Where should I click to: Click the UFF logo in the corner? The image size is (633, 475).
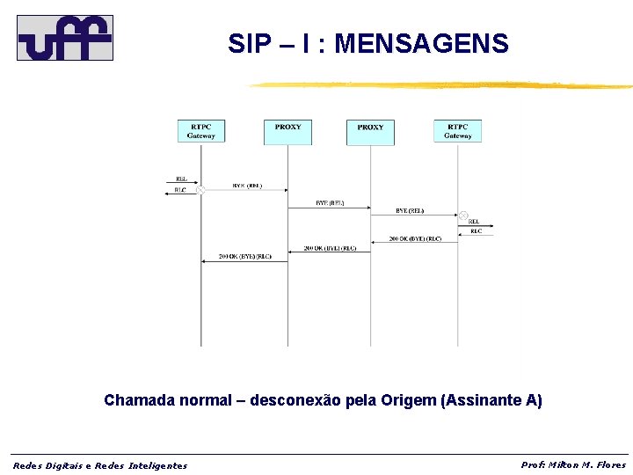65,38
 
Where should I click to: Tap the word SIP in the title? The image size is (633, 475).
246,43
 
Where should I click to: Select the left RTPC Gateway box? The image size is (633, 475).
200,131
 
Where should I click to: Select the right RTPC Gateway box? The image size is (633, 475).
457,131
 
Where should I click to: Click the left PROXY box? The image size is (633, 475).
287,131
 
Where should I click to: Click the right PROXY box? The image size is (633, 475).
370,131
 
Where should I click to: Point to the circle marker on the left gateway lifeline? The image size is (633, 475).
200,190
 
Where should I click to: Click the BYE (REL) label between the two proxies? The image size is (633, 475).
330,203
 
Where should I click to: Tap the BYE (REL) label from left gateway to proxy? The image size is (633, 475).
247,186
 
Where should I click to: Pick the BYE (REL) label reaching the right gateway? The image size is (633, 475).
410,211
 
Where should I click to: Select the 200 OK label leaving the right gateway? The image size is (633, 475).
416,239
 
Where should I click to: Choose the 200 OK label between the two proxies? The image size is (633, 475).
330,248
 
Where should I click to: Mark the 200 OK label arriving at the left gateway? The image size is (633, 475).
245,257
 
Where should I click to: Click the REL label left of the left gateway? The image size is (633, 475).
180,179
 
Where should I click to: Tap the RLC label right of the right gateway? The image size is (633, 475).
476,231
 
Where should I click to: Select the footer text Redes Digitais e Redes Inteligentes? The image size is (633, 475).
99,465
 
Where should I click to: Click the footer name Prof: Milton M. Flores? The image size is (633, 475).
573,464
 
